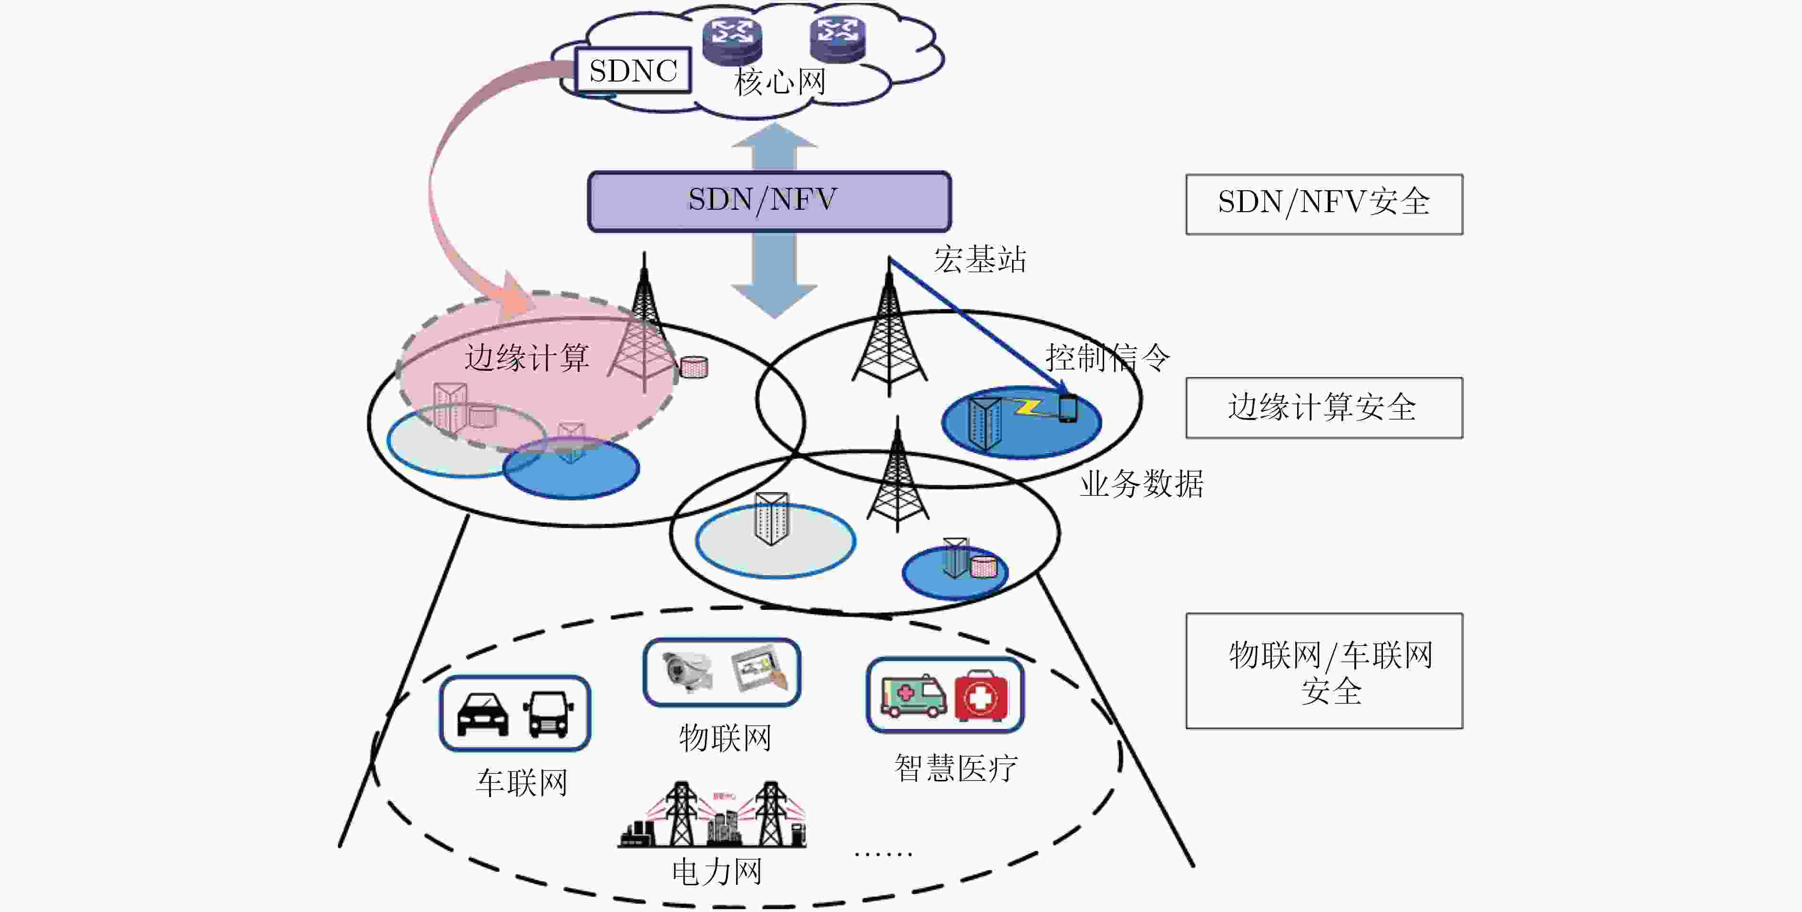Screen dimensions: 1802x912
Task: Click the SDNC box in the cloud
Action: [x=633, y=70]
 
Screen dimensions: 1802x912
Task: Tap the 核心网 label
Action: [x=779, y=82]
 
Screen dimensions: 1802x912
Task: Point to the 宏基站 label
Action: [x=980, y=259]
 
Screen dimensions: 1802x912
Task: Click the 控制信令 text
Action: [x=1107, y=358]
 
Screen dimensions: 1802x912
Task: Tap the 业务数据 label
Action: [x=1142, y=484]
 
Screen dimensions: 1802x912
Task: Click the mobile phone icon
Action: [x=1067, y=409]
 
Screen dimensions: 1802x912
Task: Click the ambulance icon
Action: [x=913, y=696]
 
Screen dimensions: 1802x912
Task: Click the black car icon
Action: [x=482, y=715]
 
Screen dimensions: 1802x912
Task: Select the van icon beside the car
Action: [x=549, y=714]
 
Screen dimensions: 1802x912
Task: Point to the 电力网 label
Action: [x=717, y=872]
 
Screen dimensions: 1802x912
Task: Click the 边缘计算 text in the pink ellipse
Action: [x=527, y=358]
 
